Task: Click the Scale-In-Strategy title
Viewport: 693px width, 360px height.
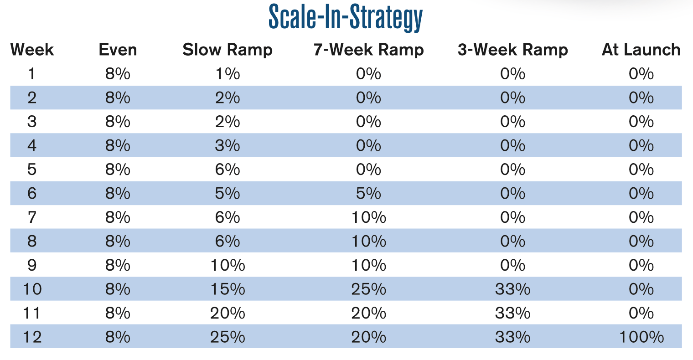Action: (x=346, y=17)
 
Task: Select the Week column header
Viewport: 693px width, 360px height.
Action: (x=32, y=50)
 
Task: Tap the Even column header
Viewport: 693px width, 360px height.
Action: (x=118, y=50)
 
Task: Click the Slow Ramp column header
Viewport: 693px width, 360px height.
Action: (x=228, y=50)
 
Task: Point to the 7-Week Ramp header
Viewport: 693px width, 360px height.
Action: (x=368, y=50)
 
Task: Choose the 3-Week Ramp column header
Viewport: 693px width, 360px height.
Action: (x=513, y=50)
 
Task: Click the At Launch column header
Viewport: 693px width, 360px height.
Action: (x=641, y=50)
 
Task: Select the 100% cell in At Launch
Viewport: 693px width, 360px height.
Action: (x=641, y=337)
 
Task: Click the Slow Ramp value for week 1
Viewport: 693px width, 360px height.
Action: (x=228, y=74)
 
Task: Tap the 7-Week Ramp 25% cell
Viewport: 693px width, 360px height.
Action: (x=368, y=289)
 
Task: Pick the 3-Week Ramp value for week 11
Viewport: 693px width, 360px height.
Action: (x=513, y=314)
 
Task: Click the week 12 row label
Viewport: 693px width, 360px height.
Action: (x=32, y=337)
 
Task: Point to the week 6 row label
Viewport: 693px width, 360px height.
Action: (x=32, y=194)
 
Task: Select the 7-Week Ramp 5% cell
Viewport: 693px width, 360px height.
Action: (x=368, y=194)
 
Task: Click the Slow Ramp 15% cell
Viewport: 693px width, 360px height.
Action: (x=228, y=289)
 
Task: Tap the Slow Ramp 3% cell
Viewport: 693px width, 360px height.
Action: (x=228, y=146)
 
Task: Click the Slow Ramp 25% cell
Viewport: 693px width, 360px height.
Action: (x=228, y=337)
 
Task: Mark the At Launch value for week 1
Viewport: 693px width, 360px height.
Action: (x=641, y=74)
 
